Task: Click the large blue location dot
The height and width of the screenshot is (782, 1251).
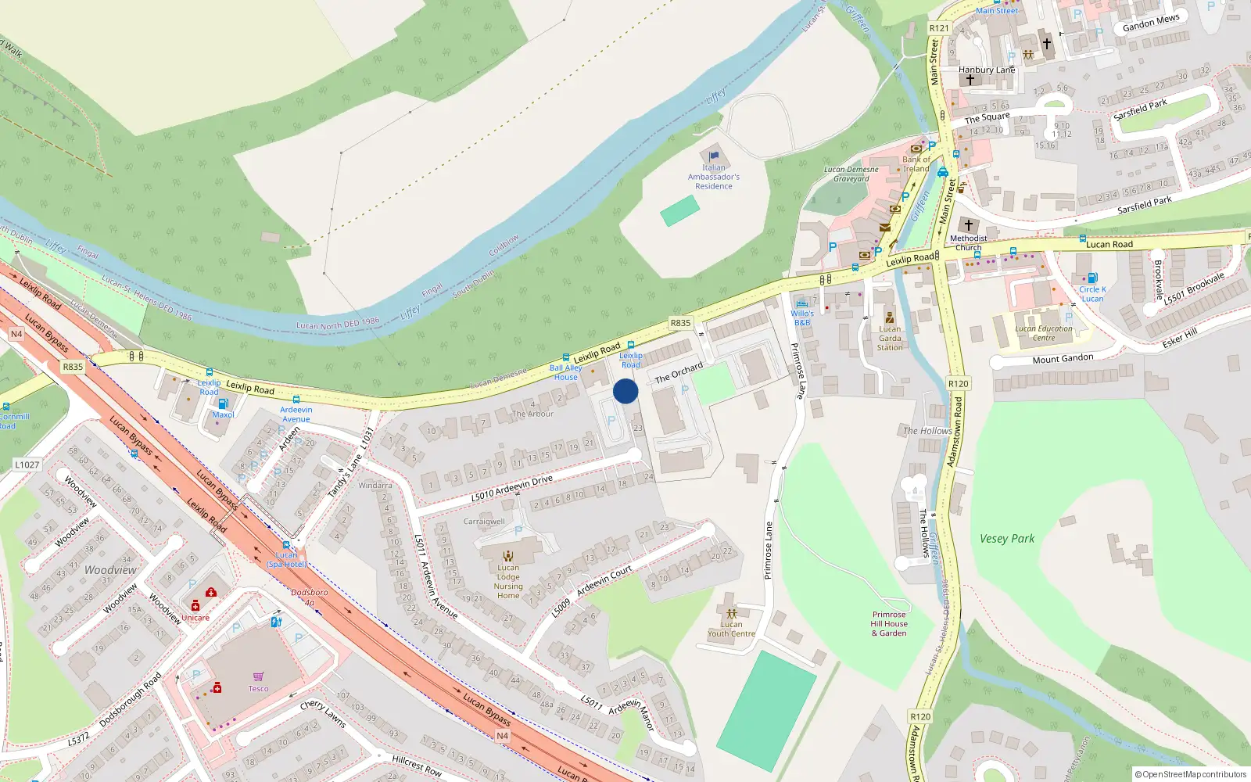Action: [x=625, y=391]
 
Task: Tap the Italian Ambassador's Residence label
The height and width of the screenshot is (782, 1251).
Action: [x=713, y=177]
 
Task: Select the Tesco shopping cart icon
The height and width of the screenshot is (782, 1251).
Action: [x=258, y=676]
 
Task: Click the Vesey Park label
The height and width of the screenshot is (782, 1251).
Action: [x=1007, y=539]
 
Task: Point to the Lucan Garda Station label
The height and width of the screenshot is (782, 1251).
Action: [x=890, y=339]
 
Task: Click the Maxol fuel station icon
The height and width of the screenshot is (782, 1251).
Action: [x=223, y=404]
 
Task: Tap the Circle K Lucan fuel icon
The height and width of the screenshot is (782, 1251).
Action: [x=1092, y=278]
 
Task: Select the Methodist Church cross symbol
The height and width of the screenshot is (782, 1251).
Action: [x=968, y=225]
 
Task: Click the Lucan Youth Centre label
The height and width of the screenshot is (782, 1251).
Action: [x=732, y=629]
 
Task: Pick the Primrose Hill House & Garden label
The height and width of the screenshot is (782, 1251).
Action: [x=889, y=624]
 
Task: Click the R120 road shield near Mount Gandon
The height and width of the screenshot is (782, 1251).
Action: [x=958, y=383]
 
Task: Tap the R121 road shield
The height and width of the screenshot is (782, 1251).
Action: [x=939, y=28]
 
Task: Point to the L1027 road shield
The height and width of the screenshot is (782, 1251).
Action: [x=27, y=465]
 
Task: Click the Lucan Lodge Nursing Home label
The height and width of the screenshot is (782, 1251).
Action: [x=508, y=582]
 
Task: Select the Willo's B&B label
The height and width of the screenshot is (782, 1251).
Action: [x=802, y=317]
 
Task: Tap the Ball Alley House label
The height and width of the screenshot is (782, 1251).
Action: [x=566, y=372]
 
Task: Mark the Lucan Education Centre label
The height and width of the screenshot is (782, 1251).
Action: [x=1044, y=333]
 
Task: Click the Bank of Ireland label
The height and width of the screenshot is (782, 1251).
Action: [x=916, y=163]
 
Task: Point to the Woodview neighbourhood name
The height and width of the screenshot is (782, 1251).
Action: [x=110, y=570]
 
